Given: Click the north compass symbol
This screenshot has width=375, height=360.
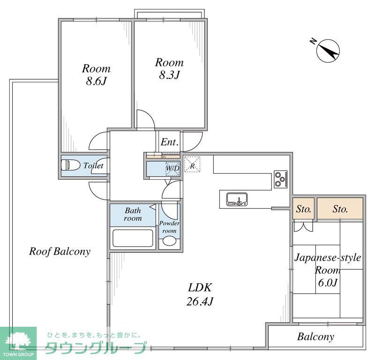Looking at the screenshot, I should tap(328, 50).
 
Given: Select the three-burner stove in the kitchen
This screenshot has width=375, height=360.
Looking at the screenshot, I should tap(280, 179).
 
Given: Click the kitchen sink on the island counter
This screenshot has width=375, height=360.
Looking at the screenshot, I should tap(237, 199).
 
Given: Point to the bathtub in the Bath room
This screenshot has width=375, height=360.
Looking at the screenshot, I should tap(133, 238).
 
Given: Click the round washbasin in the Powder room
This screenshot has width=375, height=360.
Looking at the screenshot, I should tap(169, 242).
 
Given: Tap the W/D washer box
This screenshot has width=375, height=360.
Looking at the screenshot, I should tap(172, 169).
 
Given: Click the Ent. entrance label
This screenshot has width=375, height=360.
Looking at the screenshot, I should tap(170, 143).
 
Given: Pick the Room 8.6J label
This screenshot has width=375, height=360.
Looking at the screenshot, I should tap(96, 74).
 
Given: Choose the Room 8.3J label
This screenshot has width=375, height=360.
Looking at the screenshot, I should tap(169, 68).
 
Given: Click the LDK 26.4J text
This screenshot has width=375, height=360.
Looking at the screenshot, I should tap(201, 294).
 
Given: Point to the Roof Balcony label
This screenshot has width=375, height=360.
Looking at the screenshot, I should tap(60, 251).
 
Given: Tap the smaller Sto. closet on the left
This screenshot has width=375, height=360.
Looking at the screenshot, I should tap(303, 209).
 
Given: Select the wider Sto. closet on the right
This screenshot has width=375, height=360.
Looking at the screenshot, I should tap(340, 209).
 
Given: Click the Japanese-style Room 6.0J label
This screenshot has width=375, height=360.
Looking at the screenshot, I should tap(327, 270).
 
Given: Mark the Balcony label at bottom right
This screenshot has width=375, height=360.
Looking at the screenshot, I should tap(315, 336).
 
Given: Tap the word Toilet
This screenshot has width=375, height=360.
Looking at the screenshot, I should tap(93, 165).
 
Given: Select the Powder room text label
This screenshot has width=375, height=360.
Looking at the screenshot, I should tap(169, 227).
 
